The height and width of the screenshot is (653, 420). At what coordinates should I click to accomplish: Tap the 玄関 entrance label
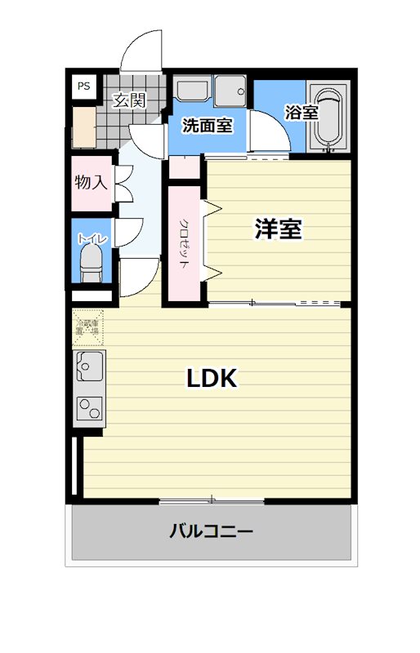point(129,101)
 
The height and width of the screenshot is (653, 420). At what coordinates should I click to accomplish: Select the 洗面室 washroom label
point(207,126)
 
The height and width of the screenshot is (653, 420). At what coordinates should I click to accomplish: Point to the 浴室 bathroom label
point(301,113)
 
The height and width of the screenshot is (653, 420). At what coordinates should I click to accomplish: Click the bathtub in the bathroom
point(328,119)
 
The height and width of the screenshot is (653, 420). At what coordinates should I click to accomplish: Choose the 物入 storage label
point(91,181)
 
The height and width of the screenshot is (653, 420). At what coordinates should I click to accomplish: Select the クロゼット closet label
point(185,243)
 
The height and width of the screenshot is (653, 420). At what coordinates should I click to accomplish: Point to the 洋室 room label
point(279,230)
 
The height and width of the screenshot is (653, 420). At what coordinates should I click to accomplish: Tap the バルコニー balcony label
point(211,532)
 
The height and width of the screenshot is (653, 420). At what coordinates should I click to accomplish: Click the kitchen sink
point(88,366)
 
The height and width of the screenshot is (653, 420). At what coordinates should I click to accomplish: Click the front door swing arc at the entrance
point(142,51)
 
